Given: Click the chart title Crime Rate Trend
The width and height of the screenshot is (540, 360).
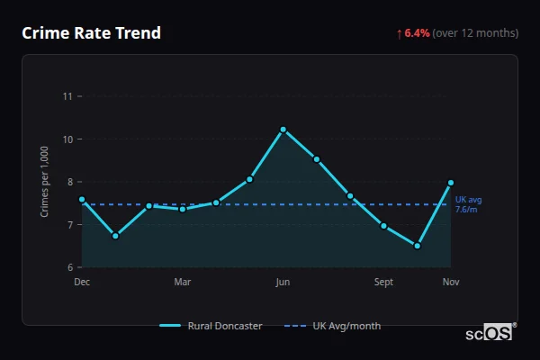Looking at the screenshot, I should pos(91,33).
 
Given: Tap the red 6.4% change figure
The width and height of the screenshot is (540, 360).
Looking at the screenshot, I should pos(417,33).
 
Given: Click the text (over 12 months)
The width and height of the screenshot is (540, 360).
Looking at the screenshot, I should pos(475,33).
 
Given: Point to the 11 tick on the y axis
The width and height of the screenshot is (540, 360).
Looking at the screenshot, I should pos(67,96).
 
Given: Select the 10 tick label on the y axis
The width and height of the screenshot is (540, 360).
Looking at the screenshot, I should pos(67,139).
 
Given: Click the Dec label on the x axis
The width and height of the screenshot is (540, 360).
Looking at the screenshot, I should pos(82,282).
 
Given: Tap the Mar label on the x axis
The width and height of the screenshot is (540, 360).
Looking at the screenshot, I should pos(183,282).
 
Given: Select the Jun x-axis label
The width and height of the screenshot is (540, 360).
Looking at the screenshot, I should pos(283,282).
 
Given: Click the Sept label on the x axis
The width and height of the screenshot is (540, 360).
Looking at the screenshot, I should pos(383,282).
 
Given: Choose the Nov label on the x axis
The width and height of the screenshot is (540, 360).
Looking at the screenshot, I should pos(451,282).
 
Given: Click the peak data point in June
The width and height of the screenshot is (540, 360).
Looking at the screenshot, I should pos(283,130).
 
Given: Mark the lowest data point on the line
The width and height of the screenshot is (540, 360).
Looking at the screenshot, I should pos(418,246).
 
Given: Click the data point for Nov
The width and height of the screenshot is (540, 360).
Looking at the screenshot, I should pos(451,183).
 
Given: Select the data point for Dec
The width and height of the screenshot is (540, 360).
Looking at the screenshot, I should pos(82,199).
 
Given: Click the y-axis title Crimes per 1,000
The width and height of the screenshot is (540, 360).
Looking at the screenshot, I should pos(45,182).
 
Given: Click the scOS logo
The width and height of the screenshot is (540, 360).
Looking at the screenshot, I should pos(489,332).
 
